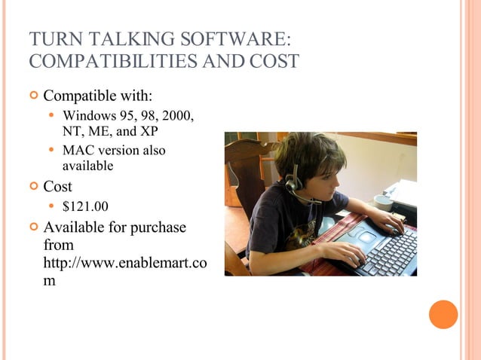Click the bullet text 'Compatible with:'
pyautogui.click(x=98, y=96)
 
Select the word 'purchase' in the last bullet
pyautogui.click(x=155, y=227)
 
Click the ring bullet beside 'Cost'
pyautogui.click(x=32, y=187)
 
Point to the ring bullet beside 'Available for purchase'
pyautogui.click(x=32, y=227)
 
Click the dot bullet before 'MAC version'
pyautogui.click(x=51, y=150)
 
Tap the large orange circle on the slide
pyautogui.click(x=443, y=314)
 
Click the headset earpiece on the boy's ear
pyautogui.click(x=293, y=183)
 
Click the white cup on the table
pyautogui.click(x=383, y=202)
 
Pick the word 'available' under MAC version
pyautogui.click(x=87, y=165)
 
